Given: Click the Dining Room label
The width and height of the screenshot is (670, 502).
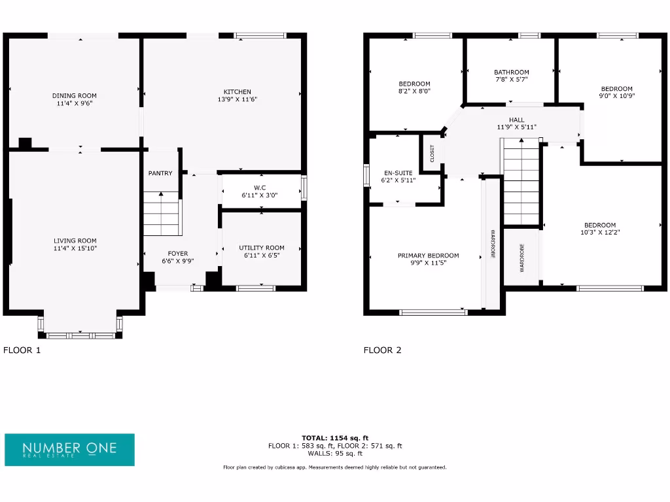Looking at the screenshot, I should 74,95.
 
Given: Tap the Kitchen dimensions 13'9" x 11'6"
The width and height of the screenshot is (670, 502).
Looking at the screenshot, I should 237,99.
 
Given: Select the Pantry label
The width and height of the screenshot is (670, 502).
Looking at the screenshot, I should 160,173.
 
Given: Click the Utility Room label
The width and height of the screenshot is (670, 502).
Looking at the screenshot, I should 261,248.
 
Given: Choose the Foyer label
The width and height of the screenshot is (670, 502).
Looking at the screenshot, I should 178,254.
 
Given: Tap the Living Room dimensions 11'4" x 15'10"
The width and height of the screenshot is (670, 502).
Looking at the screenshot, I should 75,248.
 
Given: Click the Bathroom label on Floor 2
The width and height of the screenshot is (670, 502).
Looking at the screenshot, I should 511,72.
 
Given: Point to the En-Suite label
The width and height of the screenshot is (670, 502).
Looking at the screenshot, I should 398,173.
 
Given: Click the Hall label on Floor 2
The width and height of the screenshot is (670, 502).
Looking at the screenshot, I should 516,120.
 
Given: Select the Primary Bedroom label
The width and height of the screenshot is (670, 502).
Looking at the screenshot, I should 428,256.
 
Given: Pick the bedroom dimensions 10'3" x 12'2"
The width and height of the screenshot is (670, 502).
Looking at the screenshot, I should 599,232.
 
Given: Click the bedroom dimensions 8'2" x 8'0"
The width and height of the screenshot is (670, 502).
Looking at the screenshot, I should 414,92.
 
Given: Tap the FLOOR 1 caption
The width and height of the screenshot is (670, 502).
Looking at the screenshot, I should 22,350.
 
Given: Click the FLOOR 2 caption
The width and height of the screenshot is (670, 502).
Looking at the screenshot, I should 382,350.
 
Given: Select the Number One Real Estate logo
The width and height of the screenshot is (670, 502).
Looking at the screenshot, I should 69,450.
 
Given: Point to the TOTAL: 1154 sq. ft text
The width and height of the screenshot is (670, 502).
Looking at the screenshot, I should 334,438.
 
